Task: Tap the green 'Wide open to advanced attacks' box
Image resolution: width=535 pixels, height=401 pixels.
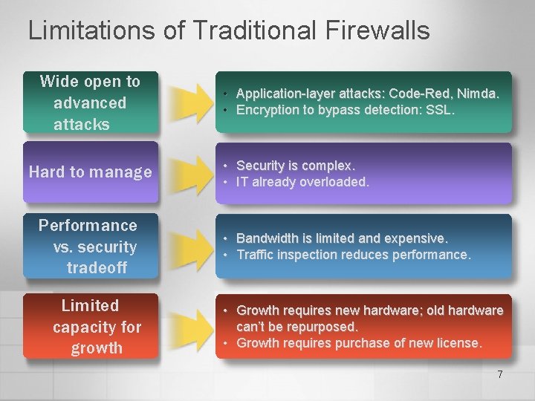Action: (90, 103)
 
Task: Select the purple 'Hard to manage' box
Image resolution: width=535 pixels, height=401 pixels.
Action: (90, 172)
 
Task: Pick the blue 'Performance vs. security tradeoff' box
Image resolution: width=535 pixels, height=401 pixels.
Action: (90, 247)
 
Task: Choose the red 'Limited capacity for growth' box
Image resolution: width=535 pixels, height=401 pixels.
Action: (90, 327)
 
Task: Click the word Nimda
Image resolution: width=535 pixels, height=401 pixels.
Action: (478, 94)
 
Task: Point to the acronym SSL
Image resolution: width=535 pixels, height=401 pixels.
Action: (438, 110)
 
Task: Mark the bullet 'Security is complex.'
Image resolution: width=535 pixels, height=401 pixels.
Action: (296, 166)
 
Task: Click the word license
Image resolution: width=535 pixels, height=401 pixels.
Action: (458, 343)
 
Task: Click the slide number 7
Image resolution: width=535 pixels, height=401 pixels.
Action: (500, 375)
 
